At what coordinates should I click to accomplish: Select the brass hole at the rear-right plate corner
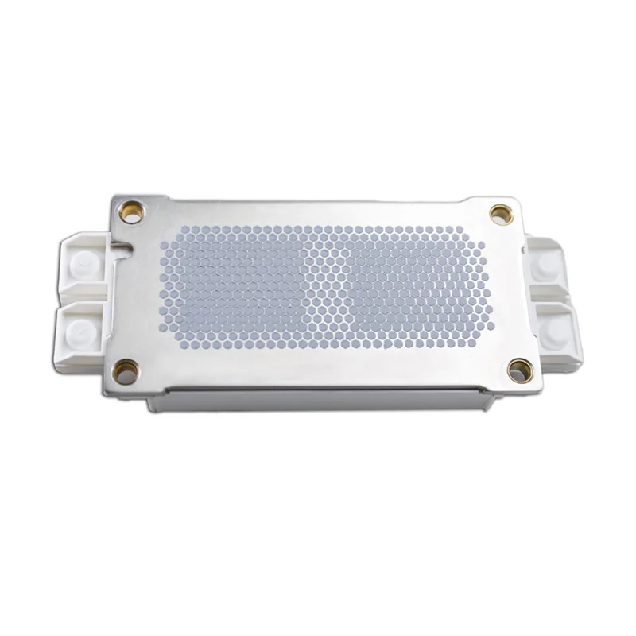pos(498,212)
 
